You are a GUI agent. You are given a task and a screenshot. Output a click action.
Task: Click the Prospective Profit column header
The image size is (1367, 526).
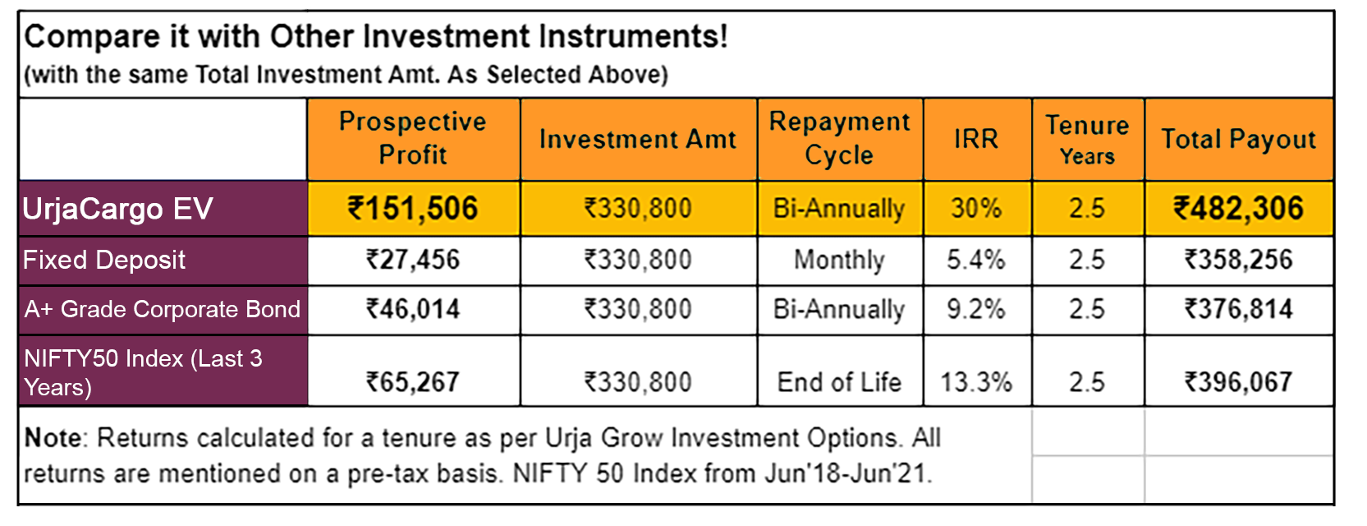(413, 139)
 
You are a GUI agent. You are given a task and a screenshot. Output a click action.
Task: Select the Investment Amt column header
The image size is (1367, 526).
(638, 139)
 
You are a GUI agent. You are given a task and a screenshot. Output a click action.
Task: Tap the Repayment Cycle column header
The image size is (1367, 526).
(840, 139)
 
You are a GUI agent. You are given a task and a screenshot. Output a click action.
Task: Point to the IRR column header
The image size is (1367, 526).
(977, 139)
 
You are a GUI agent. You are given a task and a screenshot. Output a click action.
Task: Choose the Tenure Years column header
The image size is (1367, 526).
(1088, 139)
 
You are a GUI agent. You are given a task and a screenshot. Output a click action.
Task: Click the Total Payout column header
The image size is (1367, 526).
(1238, 139)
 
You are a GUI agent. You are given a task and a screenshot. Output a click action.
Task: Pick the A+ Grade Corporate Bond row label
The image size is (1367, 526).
(163, 310)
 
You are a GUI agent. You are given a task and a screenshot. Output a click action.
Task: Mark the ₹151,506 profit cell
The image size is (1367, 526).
(413, 208)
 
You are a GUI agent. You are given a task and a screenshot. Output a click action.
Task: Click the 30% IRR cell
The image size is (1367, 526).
(977, 208)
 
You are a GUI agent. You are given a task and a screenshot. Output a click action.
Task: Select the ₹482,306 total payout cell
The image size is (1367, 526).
(1238, 208)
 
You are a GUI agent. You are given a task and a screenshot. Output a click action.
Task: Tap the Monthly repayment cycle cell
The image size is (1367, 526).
(840, 261)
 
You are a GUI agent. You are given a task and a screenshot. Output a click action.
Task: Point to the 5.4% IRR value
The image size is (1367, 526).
(977, 261)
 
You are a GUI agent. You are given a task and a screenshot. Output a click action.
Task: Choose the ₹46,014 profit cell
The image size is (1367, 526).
(413, 310)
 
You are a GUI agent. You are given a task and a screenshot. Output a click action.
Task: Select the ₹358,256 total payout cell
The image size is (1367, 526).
(1238, 261)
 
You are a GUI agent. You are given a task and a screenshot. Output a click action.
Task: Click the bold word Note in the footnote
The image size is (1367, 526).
(53, 438)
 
